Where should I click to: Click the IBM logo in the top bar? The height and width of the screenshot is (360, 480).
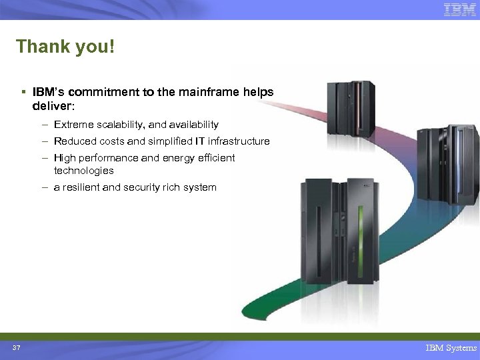click(460, 10)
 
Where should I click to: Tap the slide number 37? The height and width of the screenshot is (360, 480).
click(16, 348)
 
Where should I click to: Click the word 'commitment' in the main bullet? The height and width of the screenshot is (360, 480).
click(97, 93)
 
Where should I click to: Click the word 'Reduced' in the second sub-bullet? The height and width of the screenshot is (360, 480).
click(74, 141)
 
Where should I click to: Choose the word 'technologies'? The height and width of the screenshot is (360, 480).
click(84, 171)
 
